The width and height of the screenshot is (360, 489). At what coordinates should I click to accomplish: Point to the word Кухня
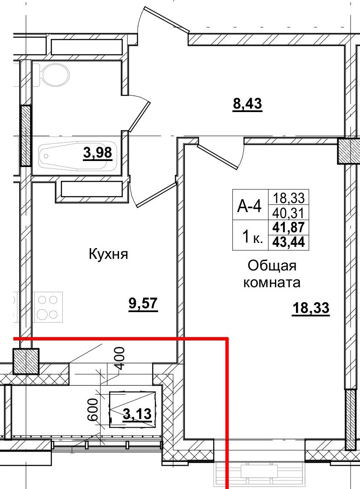tap(109, 254)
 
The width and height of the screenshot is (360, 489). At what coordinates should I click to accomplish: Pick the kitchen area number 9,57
tap(143, 304)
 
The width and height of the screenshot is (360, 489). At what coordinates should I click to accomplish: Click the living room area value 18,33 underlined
tap(311, 308)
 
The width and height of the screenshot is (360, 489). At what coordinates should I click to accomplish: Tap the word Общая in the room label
tap(272, 266)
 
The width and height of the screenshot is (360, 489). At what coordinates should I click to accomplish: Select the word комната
tap(272, 283)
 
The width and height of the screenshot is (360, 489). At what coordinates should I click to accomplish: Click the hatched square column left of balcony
tap(26, 361)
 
